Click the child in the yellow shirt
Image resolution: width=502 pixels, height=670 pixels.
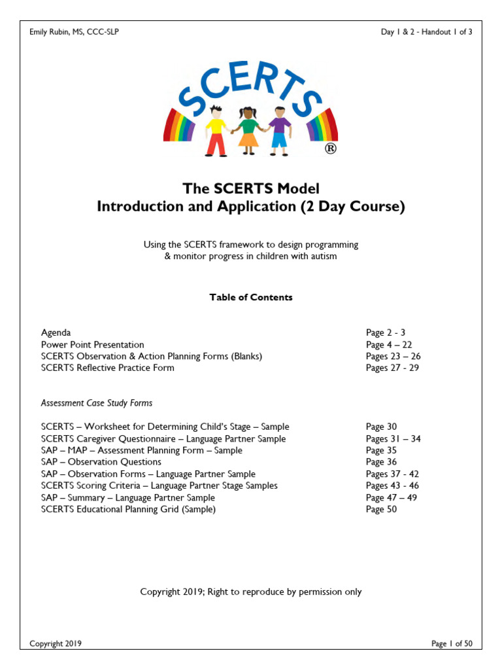pos(216,131)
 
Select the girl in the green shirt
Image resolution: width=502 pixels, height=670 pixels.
pos(249,129)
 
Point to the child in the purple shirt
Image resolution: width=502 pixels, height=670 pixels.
pos(280,129)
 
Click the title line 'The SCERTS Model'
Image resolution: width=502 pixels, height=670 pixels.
pos(251,188)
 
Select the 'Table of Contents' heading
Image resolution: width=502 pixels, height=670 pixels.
pos(251,297)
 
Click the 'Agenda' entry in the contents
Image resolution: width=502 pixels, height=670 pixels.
pos(56,332)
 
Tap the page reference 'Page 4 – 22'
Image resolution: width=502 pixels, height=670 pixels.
pos(389,344)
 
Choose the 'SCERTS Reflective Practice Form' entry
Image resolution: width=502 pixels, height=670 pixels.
pos(107,368)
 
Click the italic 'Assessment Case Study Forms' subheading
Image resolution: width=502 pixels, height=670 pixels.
pos(97,403)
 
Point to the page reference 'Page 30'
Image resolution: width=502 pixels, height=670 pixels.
pos(381,427)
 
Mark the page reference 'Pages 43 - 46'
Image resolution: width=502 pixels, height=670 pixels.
pos(392,485)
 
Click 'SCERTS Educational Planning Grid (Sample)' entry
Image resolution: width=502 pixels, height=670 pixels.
pos(128,509)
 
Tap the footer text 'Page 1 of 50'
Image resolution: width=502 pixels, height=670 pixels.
pos(452,644)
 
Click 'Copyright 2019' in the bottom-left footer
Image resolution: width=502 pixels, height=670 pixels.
pos(56,644)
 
